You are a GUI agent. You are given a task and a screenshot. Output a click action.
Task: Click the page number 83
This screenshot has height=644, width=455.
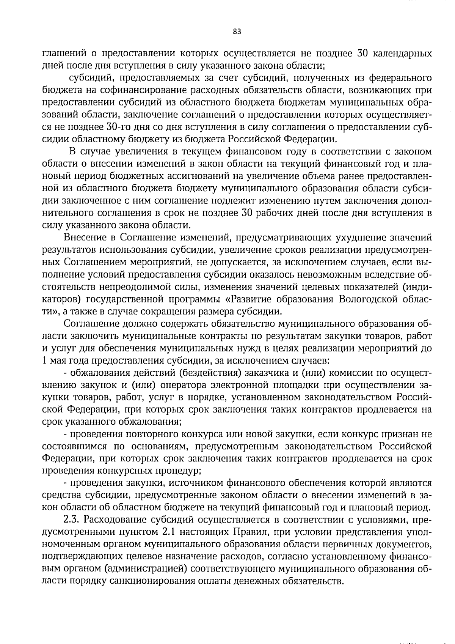pos(237,32)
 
